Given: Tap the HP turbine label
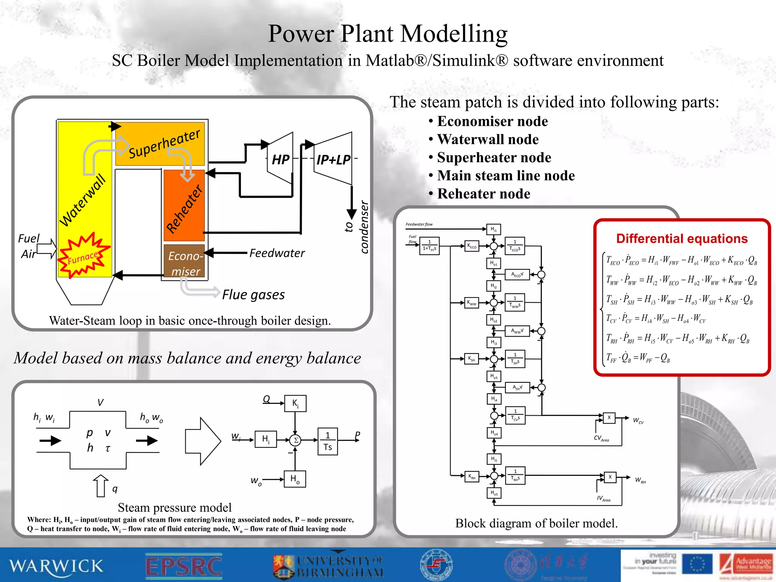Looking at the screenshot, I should pos(281,160).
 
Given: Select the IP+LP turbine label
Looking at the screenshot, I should pos(333,160).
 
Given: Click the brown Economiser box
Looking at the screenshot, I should pos(185,262).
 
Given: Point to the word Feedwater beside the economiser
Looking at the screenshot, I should pos(277,253).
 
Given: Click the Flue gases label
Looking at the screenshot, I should pos(253,295).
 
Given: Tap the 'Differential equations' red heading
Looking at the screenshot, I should pos(682,238).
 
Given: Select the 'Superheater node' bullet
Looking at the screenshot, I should pos(494,158).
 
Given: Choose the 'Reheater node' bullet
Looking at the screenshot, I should pos(483,194).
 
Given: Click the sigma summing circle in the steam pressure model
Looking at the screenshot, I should pos(295,440).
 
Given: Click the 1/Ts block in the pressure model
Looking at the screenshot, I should pos(327,441).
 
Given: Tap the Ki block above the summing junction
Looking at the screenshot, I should pos(295,404).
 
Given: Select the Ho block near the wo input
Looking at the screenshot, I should pos(295,479).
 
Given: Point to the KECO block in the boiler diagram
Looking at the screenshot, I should pos(472,246).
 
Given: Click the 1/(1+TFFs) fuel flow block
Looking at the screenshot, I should pos(429,246).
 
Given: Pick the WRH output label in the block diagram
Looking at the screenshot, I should pos(640,480).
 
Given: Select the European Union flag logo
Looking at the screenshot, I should pos(697,564).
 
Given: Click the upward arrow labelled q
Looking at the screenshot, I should pos(100,486).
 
